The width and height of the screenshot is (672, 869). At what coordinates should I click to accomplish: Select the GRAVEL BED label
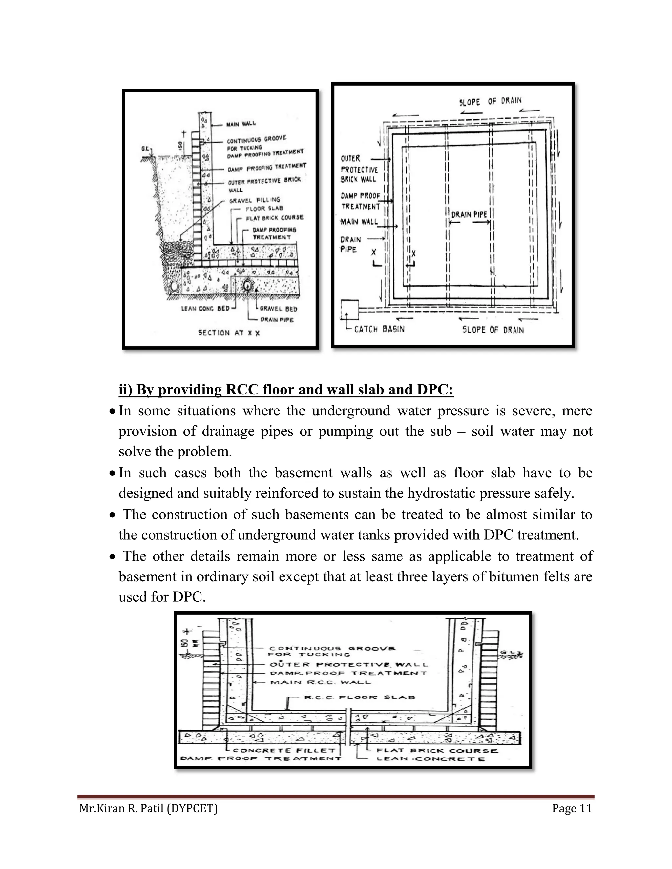coord(278,308)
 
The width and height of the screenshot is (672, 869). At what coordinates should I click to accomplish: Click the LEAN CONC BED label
coord(205,308)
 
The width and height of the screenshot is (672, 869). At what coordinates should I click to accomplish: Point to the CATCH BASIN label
coord(379,329)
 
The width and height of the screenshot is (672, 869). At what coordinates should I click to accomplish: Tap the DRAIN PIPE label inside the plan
coord(469,214)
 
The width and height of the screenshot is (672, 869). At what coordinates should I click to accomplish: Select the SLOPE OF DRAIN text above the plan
coord(490,101)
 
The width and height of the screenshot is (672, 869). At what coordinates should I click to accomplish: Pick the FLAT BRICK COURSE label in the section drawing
coord(274,218)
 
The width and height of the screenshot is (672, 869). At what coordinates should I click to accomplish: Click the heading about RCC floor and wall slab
coord(286,390)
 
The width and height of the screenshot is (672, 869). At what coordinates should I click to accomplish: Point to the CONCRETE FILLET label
coord(284,750)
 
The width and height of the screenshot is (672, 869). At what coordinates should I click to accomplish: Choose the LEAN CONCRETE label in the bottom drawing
coord(431,759)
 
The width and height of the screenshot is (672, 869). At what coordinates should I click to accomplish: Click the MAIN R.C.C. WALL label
coord(321,682)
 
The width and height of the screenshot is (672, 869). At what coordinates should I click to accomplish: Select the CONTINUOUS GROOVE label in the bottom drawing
coord(332,649)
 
